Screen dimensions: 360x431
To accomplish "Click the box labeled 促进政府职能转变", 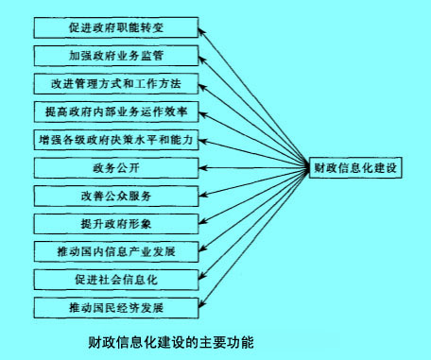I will pos(116,27).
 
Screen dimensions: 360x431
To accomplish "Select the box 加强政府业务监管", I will pos(116,56).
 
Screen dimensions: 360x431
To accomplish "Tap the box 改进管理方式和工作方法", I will pos(116,83).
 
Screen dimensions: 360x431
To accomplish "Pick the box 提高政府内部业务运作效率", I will pos(116,111).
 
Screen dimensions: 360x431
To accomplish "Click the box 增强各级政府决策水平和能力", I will pos(116,140).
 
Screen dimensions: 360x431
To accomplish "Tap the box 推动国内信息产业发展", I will pos(116,251).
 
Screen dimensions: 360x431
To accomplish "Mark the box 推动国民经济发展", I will pos(116,307).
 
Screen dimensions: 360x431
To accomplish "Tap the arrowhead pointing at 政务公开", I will pos(205,168).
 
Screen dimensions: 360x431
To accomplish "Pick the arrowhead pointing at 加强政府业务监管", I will pos(205,57).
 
